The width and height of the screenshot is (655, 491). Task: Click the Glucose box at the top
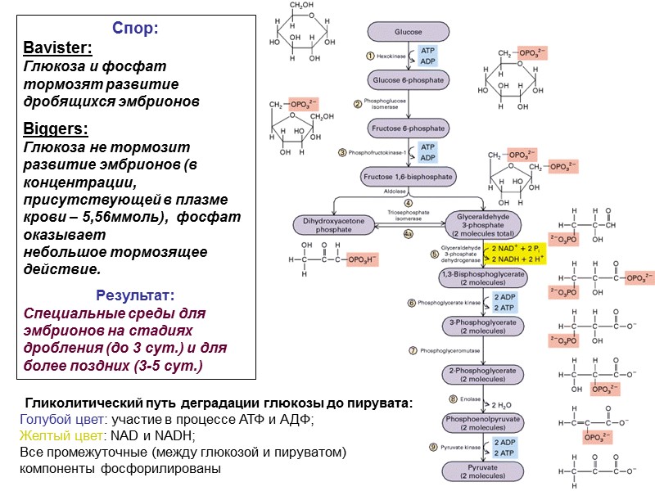coord(409,32)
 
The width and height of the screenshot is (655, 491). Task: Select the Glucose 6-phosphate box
coord(409,80)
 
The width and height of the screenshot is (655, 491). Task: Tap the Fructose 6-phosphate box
coord(409,129)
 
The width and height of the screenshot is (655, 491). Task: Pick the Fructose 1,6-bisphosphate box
coord(409,177)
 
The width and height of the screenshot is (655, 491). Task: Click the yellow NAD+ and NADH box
coord(518,252)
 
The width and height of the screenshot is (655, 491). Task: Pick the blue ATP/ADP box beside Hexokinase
coord(427,56)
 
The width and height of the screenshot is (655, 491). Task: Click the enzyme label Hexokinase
coord(392,56)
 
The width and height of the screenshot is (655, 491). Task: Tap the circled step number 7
coord(413,351)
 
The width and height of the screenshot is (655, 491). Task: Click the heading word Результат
coord(135,295)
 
